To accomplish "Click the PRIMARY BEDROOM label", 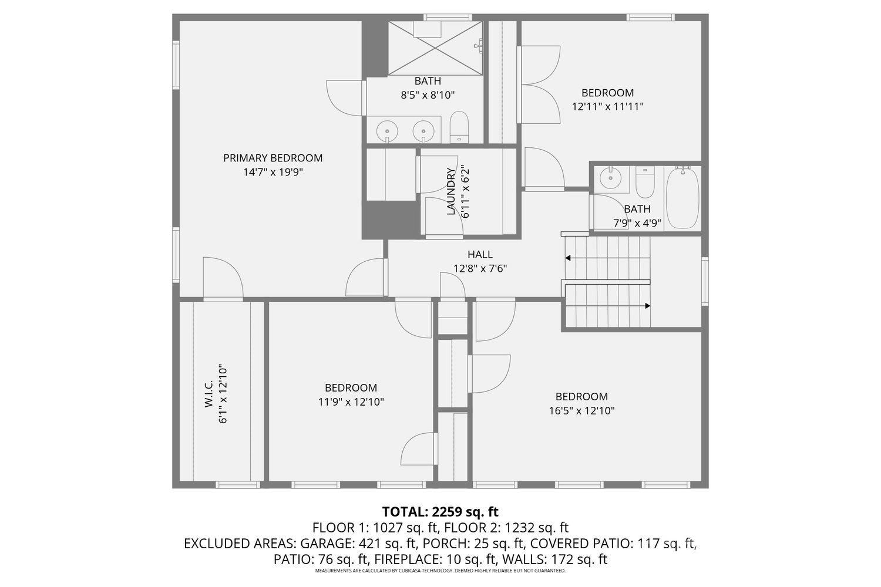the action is point(273,158).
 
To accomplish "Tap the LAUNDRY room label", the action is point(450,191).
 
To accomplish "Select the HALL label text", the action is point(480,255).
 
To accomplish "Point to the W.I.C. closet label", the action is point(209,393).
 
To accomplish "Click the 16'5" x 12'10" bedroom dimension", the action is point(581,411).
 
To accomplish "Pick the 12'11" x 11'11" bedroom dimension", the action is point(608,107).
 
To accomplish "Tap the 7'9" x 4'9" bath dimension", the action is point(637,223).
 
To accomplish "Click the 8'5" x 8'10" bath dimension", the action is point(428,95).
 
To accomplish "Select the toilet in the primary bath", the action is point(459,127).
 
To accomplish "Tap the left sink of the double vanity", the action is point(388,130).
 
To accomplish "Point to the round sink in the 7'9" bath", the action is point(610,178).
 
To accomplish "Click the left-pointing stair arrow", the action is point(608,258).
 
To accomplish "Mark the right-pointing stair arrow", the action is point(608,306).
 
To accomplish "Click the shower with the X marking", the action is point(435,48).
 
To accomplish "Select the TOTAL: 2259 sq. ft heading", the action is point(440,512).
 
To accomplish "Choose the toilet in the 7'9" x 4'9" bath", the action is point(645,182).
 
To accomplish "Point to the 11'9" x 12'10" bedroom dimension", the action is point(351,402).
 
